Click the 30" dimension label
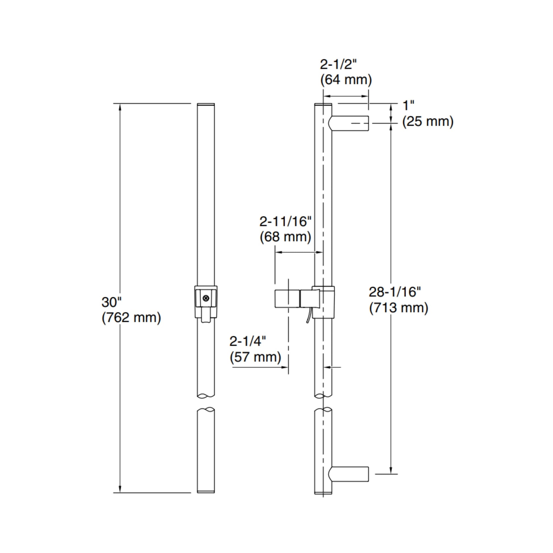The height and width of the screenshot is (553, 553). [112, 302]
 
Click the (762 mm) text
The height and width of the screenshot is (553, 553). [131, 318]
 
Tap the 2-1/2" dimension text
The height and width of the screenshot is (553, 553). [339, 65]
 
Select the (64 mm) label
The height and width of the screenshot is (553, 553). [346, 80]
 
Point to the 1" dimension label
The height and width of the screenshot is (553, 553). [408, 106]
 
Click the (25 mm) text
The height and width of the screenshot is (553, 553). [428, 122]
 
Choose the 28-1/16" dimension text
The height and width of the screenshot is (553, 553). [395, 292]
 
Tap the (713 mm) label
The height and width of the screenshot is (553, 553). [398, 308]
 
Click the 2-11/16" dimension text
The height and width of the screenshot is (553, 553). [285, 222]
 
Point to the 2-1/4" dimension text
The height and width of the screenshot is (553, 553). [248, 341]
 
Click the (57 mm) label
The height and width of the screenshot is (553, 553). [255, 357]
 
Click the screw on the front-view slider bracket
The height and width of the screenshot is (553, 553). [206, 298]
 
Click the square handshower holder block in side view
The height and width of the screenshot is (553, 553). [287, 299]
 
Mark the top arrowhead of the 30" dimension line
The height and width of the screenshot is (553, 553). [120, 107]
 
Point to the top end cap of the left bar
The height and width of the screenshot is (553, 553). [206, 105]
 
